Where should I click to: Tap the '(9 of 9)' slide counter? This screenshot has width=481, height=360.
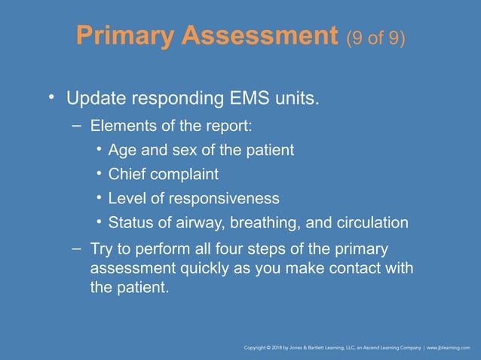pyautogui.click(x=375, y=37)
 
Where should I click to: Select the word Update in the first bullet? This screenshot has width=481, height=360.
pyautogui.click(x=95, y=99)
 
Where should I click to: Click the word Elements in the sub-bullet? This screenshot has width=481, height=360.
pyautogui.click(x=118, y=126)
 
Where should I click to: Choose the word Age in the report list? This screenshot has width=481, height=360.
pyautogui.click(x=122, y=151)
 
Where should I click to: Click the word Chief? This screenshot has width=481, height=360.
pyautogui.click(x=127, y=174)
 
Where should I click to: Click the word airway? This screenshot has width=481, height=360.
pyautogui.click(x=204, y=223)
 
